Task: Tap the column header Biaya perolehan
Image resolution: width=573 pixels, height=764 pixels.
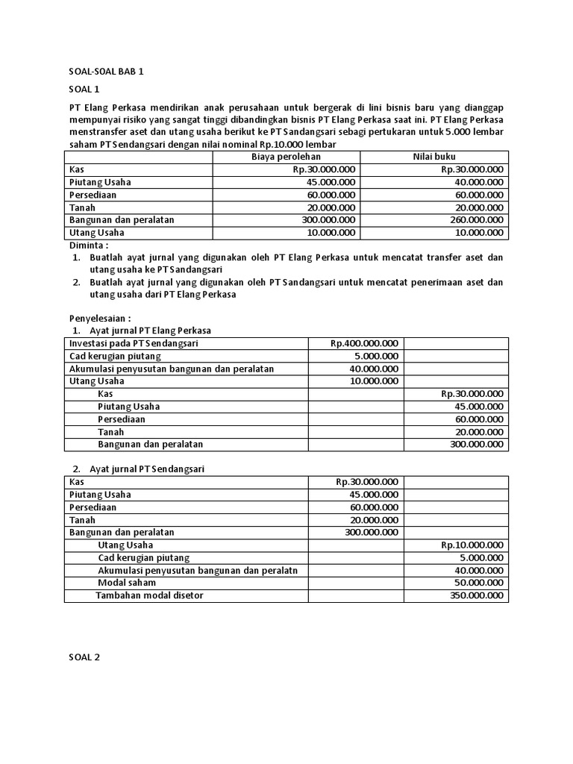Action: click(x=286, y=157)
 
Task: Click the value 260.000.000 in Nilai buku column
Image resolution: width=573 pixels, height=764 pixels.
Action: click(x=472, y=220)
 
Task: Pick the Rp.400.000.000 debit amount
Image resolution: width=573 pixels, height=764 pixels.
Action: click(x=364, y=343)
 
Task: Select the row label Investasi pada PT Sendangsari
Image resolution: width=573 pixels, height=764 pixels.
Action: click(x=134, y=343)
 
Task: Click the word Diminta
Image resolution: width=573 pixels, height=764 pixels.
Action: click(x=89, y=245)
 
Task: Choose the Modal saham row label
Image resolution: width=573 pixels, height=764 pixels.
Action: click(x=124, y=583)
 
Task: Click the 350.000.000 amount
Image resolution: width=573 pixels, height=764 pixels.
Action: click(x=477, y=595)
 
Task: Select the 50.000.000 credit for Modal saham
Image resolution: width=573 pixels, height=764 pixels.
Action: click(x=479, y=583)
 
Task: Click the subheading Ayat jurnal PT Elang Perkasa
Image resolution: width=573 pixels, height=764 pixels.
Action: click(x=150, y=331)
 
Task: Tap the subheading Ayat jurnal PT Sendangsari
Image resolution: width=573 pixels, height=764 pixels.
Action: click(x=146, y=469)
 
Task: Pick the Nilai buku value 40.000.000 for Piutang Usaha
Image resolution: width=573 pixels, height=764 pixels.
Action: click(x=475, y=182)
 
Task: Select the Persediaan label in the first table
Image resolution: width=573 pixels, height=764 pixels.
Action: click(x=93, y=195)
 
